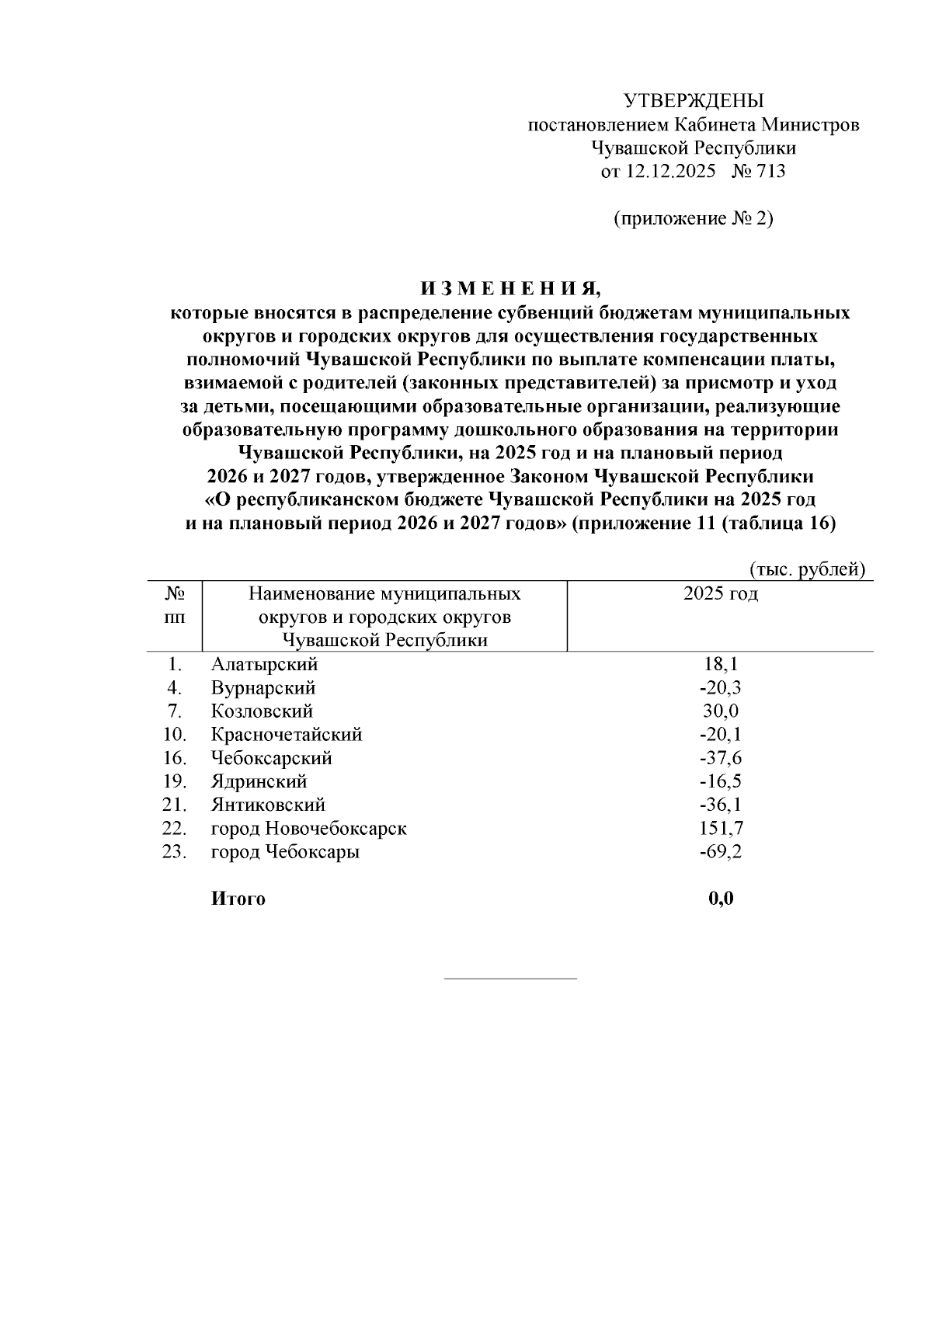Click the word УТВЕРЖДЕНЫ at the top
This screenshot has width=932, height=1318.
tap(694, 101)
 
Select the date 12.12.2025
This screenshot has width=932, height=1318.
tap(669, 172)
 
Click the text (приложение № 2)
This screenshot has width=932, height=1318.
tap(694, 219)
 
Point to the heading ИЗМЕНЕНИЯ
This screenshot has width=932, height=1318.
tap(510, 290)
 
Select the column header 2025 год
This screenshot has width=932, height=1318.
tap(720, 594)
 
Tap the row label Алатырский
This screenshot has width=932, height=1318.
tap(265, 665)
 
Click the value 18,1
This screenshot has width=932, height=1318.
tap(721, 665)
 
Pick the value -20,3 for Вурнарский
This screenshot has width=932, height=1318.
tap(720, 688)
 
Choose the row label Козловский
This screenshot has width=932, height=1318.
tap(262, 711)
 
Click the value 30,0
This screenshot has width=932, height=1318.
tap(721, 711)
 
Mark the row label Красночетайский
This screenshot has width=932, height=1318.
tap(287, 735)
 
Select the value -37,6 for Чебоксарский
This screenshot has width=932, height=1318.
tap(720, 758)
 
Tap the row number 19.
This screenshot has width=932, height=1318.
tap(175, 781)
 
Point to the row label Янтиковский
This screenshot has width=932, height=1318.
tap(268, 805)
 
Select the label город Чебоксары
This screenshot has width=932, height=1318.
tap(285, 852)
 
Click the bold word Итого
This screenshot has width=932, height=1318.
tap(238, 899)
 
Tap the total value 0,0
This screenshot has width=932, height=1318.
tap(721, 899)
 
